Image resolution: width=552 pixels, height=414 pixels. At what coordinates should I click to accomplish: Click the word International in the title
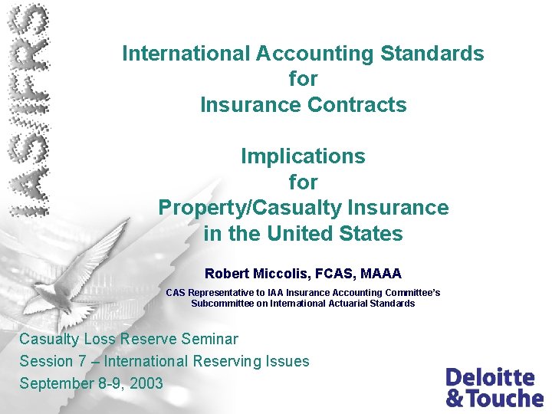pos(186,54)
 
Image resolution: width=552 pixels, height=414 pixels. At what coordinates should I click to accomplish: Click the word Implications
pos(303,156)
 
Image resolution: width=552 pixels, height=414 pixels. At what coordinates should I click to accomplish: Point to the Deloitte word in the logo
pos(490,377)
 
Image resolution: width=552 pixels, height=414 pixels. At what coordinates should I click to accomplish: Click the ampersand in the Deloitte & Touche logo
pos(455,398)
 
